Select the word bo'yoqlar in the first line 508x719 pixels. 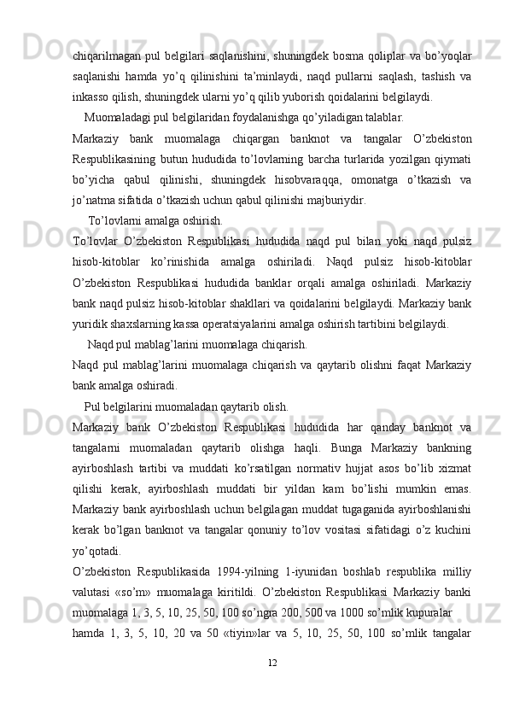coord(448,56)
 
